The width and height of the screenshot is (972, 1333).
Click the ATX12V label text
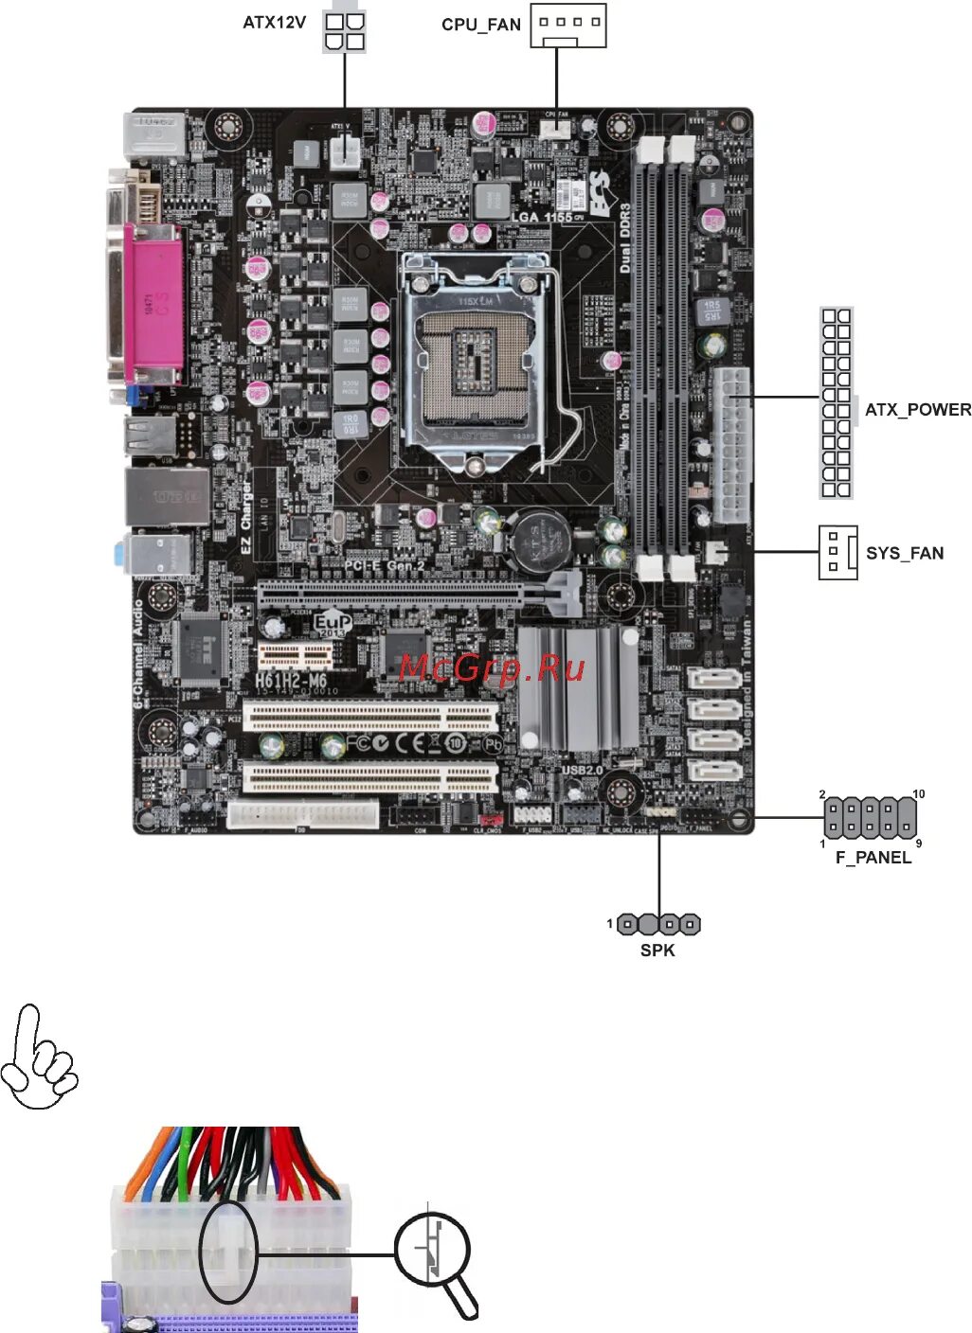[274, 23]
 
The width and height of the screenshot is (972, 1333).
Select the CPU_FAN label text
[480, 25]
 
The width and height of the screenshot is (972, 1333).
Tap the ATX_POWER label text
[917, 410]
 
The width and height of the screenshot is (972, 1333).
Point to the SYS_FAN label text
[904, 553]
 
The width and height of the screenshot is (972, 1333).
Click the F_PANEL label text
[873, 858]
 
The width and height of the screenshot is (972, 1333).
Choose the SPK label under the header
[657, 951]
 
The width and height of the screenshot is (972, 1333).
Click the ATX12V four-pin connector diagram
[344, 30]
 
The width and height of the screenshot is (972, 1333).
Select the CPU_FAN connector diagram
[567, 26]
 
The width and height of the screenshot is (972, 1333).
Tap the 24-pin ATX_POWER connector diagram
[836, 403]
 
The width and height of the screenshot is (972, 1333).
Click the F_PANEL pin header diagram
[870, 817]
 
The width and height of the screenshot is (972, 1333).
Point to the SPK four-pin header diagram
[658, 924]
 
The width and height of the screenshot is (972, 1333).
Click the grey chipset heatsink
[577, 689]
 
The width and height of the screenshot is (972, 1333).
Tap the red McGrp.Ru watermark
[492, 668]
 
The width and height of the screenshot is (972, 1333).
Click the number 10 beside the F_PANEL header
[918, 794]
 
